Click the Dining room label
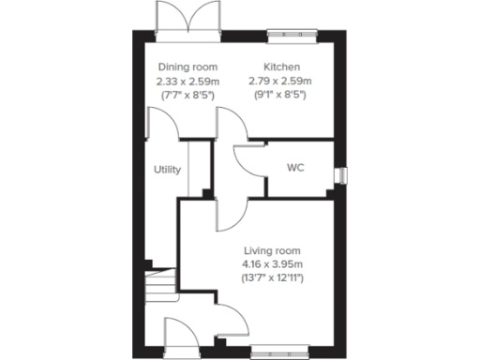[187, 67]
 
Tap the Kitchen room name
[280, 67]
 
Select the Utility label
[168, 170]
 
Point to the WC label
[295, 170]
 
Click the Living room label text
[272, 250]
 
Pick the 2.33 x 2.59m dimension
[187, 82]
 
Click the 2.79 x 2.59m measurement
[280, 82]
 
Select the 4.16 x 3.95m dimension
[272, 264]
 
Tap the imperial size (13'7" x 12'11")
[272, 278]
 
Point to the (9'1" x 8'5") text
[280, 96]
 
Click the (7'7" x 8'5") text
[187, 96]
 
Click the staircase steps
[163, 280]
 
